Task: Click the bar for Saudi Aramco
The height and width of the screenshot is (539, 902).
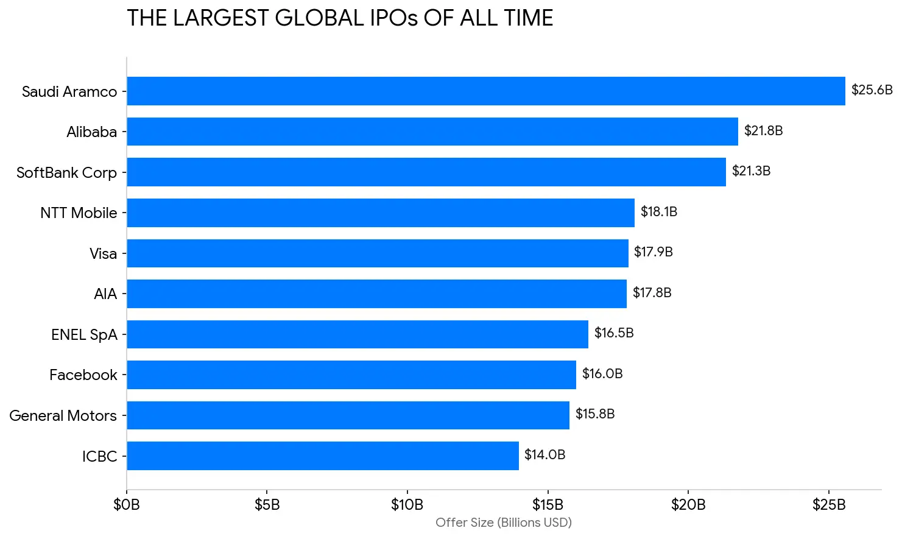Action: point(485,91)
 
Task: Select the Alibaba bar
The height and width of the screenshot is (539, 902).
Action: point(432,132)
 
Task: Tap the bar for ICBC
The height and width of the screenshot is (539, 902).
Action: point(322,456)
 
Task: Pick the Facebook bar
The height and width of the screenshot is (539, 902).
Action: point(351,375)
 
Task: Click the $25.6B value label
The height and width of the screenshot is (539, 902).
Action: point(872,90)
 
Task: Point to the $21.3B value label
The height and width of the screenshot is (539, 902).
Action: point(751,171)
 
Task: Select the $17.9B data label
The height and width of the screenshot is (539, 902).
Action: point(653,252)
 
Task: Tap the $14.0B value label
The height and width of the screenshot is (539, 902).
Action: point(544,455)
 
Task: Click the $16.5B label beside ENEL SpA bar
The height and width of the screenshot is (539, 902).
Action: point(614,333)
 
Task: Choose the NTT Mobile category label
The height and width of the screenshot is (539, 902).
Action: point(79,213)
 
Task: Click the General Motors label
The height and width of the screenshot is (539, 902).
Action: point(63,416)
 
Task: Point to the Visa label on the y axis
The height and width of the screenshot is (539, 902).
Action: point(103,254)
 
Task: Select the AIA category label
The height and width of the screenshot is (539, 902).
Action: point(105,294)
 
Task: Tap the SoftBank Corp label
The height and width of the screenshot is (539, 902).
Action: point(66,173)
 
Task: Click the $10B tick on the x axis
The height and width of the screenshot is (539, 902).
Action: point(407,505)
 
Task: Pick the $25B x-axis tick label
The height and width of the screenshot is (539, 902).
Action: point(829,505)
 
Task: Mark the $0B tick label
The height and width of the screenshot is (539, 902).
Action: point(127,505)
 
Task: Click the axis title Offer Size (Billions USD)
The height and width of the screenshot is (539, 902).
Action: point(503,523)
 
